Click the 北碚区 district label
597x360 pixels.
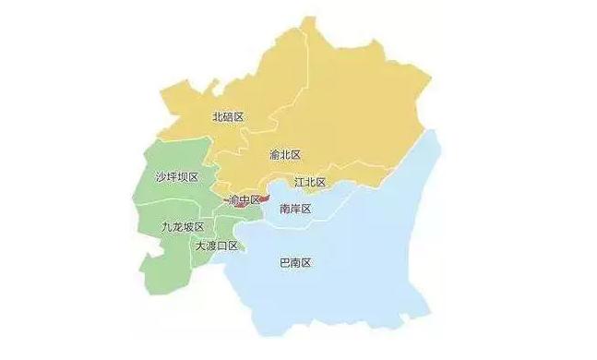tap(228, 117)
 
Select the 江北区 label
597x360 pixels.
tap(310, 182)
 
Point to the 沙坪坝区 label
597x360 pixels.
tap(177, 176)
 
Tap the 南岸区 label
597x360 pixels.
tap(295, 209)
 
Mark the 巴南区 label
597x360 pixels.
tap(294, 263)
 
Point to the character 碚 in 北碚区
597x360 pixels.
tap(228, 117)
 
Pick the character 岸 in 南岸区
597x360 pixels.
tap(295, 209)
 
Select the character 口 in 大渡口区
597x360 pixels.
tap(222, 246)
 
